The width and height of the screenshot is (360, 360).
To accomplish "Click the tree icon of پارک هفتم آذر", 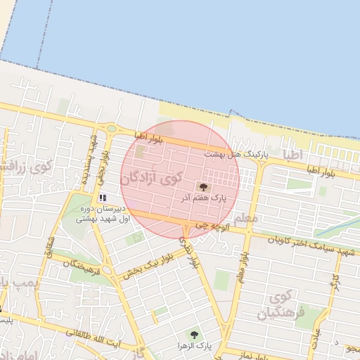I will [204, 187].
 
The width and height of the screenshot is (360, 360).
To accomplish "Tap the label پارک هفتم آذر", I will [204, 200].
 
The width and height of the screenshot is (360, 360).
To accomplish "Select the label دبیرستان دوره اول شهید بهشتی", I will [103, 214].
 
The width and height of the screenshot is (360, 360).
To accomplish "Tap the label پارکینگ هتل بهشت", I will [227, 153].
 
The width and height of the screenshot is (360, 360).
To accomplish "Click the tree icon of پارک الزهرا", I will [193, 335].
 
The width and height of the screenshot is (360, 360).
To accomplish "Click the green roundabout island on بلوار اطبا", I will [110, 129].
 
